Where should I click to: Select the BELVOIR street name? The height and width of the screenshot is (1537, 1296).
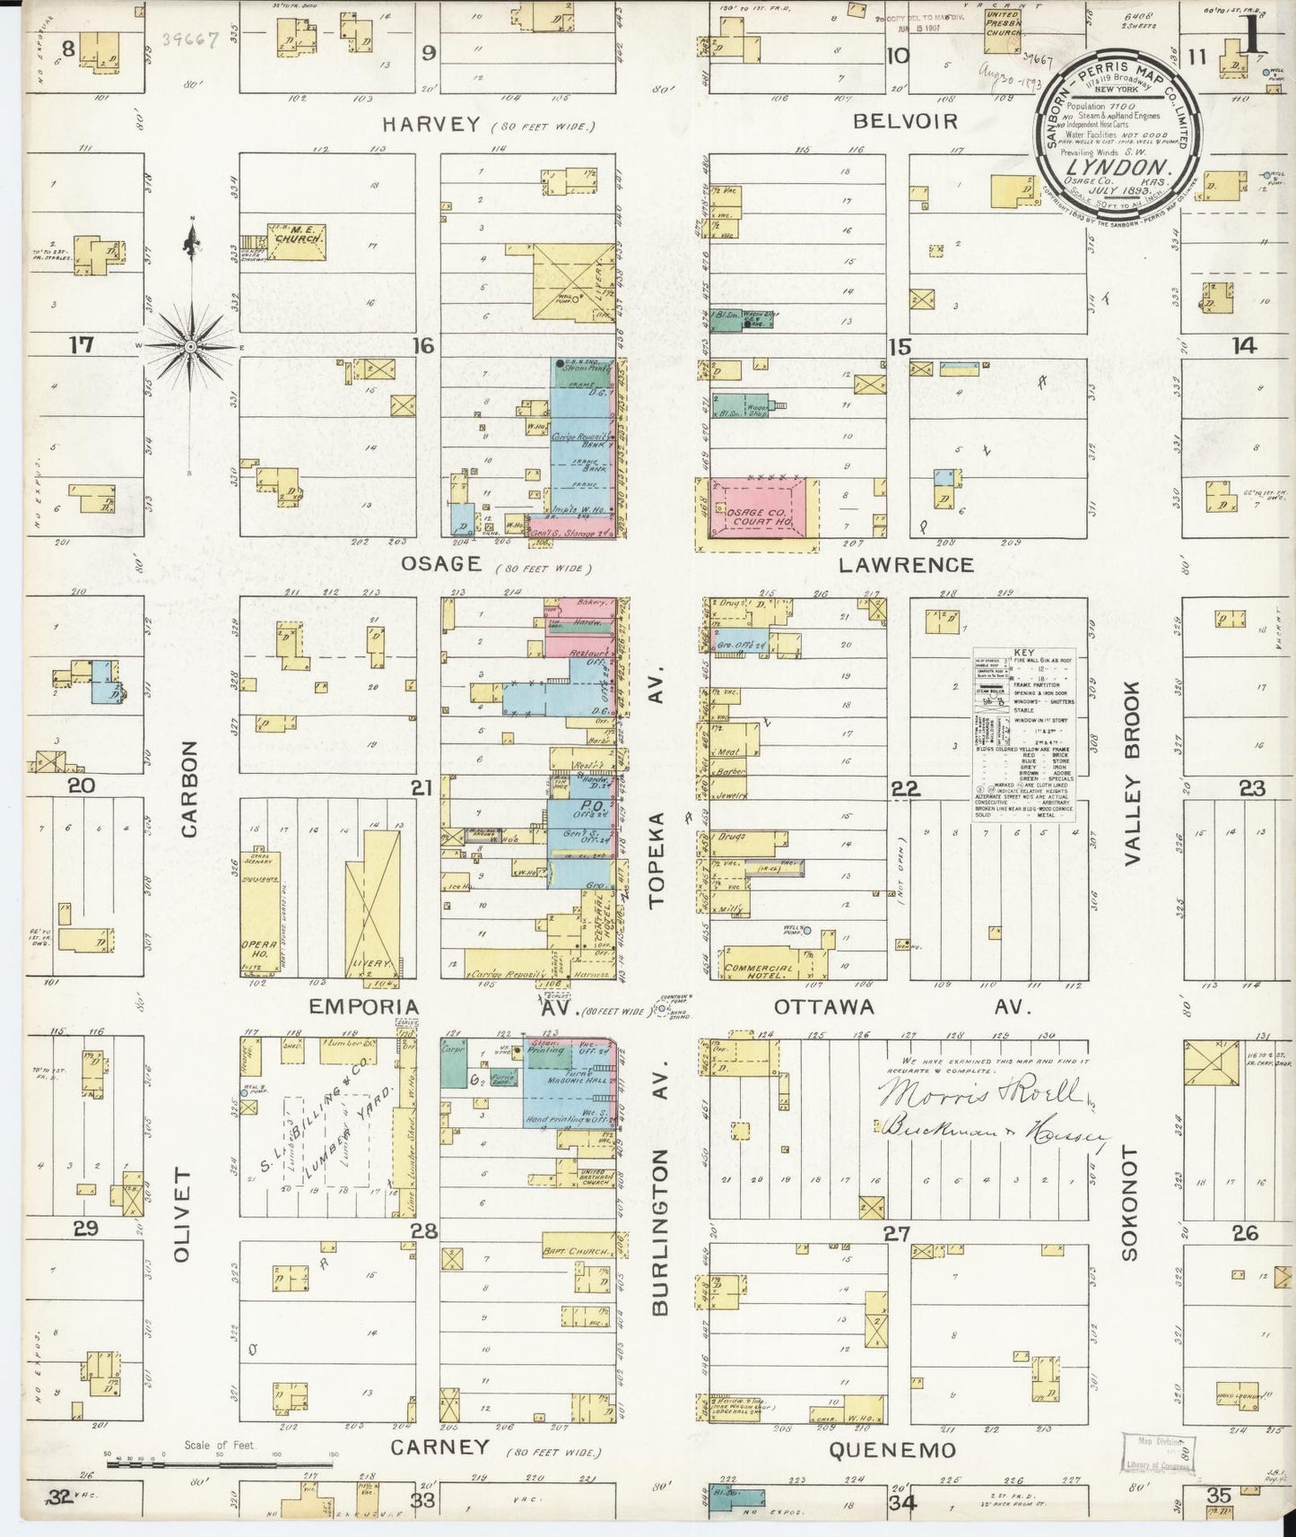pos(905,121)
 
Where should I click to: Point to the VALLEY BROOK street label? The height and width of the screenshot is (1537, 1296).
pos(1131,773)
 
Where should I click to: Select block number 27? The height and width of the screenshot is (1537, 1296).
pos(898,1233)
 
